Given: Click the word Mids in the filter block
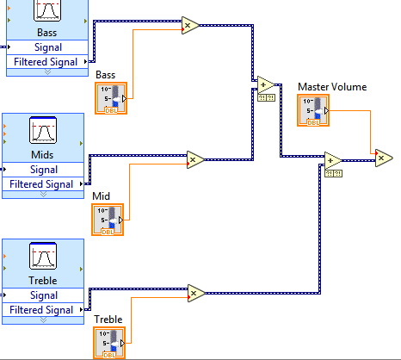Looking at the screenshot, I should [x=43, y=155].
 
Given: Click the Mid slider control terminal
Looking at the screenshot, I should [x=108, y=219].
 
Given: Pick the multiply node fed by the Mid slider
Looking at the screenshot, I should [x=194, y=158].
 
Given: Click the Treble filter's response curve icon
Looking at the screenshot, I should [x=43, y=256].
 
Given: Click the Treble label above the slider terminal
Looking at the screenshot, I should [x=108, y=320].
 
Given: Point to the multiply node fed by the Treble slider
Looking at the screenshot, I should [x=194, y=294].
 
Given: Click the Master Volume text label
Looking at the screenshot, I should [x=331, y=87].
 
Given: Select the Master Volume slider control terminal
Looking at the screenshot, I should [x=312, y=110].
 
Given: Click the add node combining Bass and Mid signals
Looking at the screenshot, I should [x=265, y=84].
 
